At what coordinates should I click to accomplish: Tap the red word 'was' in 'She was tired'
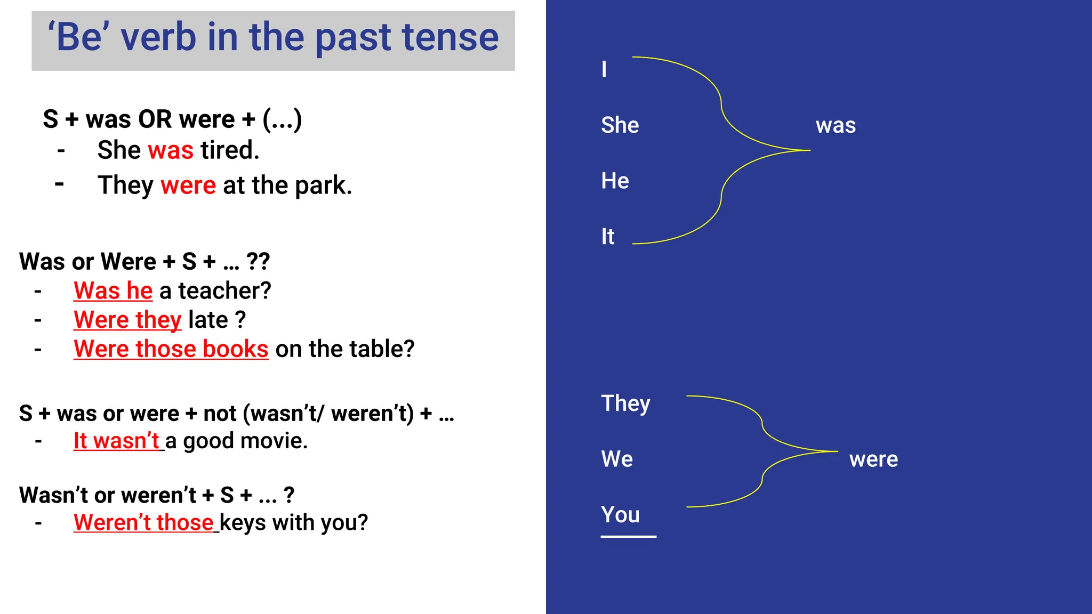point(171,150)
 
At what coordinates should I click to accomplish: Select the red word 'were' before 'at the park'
point(188,185)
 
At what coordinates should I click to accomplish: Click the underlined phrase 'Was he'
point(113,291)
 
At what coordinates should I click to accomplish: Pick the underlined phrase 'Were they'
point(127,320)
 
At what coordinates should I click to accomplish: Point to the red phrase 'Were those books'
point(171,349)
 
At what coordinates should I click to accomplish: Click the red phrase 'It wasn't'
point(116,441)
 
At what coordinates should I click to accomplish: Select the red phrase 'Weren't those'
point(143,523)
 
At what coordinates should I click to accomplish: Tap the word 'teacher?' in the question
point(224,291)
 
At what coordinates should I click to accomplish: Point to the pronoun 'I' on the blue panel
point(604,69)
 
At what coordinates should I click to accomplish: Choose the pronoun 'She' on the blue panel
point(620,125)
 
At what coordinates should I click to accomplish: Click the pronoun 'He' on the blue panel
point(615,181)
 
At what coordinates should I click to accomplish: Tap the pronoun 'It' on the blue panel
point(608,237)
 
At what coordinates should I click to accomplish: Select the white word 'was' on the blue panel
point(836,126)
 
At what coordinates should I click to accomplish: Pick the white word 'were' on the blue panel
point(873,459)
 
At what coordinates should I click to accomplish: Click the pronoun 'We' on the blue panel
point(617,459)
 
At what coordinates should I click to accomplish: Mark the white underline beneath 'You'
point(628,537)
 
